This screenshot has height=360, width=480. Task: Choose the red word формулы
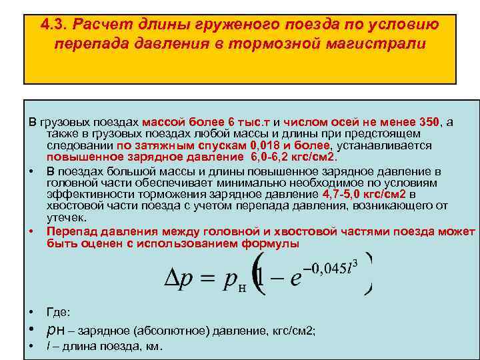click(x=275, y=243)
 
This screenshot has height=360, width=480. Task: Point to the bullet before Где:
click(x=31, y=312)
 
